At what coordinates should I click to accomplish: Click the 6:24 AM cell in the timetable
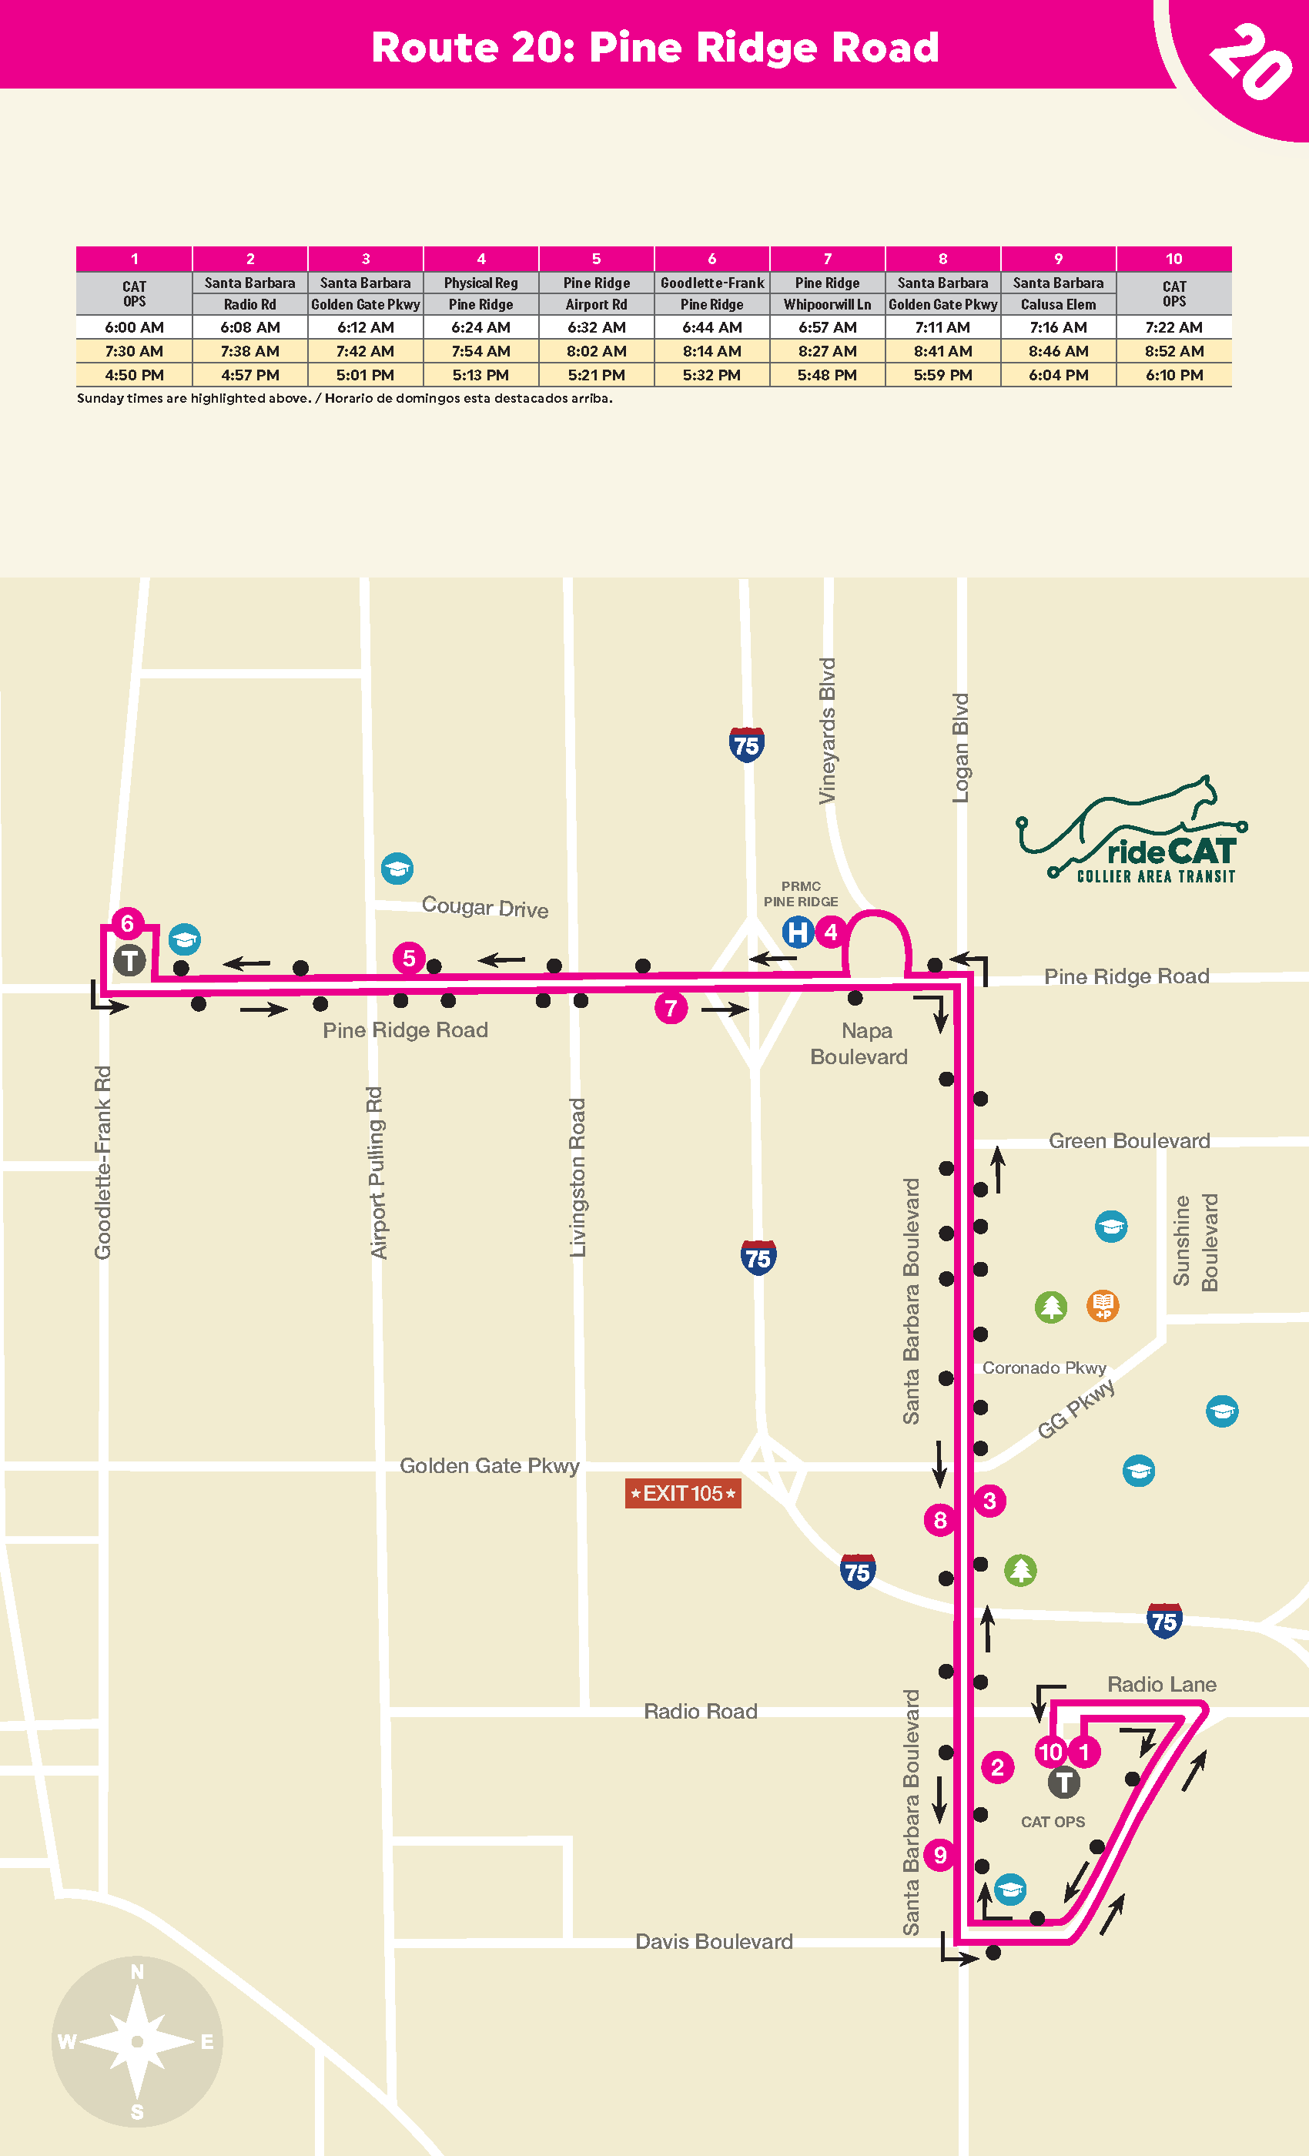tap(480, 327)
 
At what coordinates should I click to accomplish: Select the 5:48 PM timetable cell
tap(827, 374)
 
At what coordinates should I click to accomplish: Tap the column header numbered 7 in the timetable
tap(827, 259)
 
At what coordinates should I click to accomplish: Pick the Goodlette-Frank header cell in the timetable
tap(711, 283)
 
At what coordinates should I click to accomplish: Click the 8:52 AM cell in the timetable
tap(1173, 351)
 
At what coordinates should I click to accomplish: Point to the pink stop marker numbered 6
tap(127, 923)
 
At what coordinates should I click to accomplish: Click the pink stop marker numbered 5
tap(409, 958)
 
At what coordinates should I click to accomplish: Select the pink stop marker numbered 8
tap(939, 1520)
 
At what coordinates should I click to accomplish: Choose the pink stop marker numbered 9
tap(939, 1855)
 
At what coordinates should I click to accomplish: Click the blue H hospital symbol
tap(798, 932)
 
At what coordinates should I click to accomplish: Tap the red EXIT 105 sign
tap(682, 1493)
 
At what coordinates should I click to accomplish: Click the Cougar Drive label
tap(485, 906)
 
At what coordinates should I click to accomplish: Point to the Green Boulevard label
tap(1129, 1141)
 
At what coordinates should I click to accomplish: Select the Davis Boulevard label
tap(713, 1942)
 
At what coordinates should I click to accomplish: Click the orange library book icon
tap(1103, 1307)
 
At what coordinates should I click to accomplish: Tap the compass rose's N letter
tap(137, 1972)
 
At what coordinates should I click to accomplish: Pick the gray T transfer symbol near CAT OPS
tap(1063, 1783)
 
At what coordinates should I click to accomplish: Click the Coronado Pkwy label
tap(1044, 1368)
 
